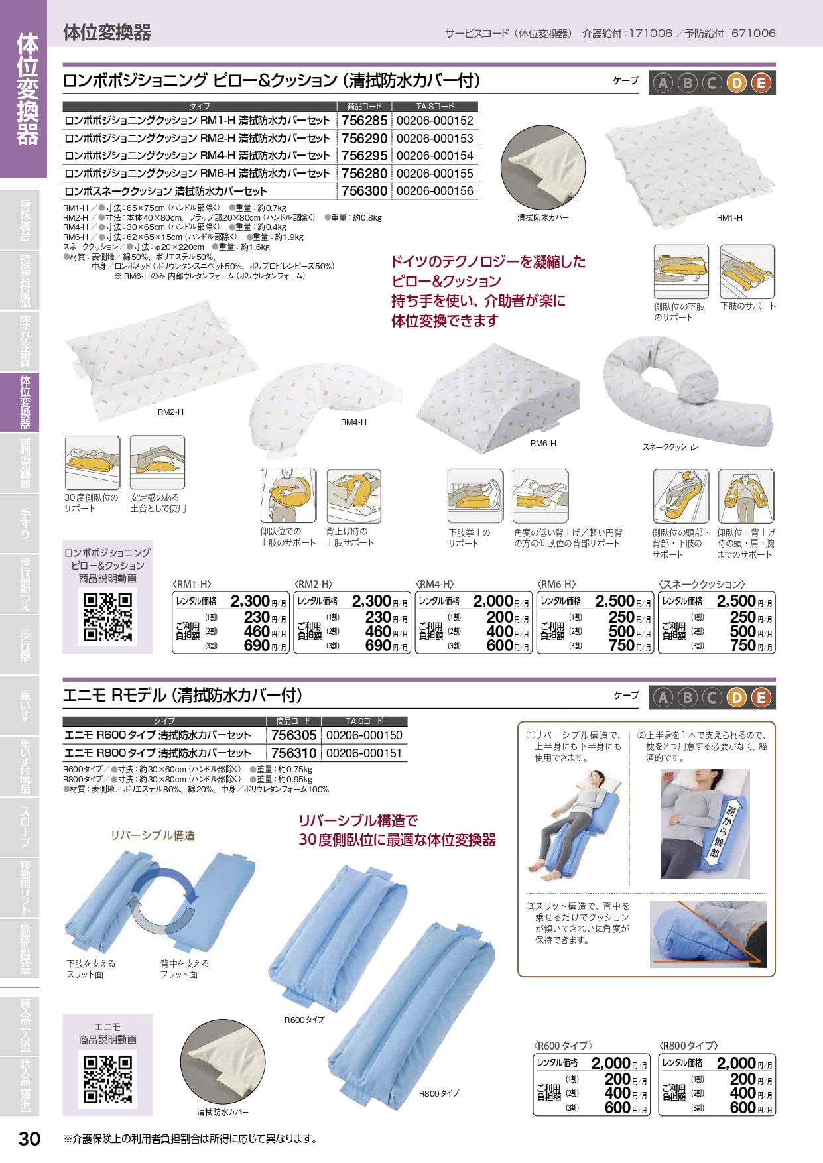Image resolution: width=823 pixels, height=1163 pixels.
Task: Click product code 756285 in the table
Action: click(x=364, y=121)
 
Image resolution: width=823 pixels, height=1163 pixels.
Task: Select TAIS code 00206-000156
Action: click(x=435, y=191)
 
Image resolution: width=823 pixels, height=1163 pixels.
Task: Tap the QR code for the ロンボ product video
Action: click(x=107, y=617)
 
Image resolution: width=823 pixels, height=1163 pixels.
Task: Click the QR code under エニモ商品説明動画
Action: click(x=107, y=1079)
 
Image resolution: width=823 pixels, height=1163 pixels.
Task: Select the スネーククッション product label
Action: click(x=670, y=447)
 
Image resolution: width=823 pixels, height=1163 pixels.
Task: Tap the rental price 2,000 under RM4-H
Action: click(x=493, y=601)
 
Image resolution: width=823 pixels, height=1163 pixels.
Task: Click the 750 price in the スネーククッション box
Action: click(x=743, y=645)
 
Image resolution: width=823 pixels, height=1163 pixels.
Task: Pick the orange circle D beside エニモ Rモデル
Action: click(x=737, y=697)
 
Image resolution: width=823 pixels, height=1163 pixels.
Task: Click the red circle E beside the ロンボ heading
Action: click(x=761, y=82)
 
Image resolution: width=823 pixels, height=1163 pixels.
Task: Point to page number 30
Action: click(x=30, y=1138)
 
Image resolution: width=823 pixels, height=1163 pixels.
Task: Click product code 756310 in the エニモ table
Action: click(x=294, y=753)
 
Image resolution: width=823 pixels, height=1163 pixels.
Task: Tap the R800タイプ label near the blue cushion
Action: click(x=439, y=1093)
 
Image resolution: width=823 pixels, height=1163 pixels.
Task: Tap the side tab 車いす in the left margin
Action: click(x=25, y=705)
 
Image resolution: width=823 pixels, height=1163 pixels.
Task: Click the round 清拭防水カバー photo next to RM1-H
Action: click(x=543, y=168)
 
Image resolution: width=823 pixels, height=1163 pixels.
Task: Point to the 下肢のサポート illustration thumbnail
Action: click(x=747, y=272)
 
